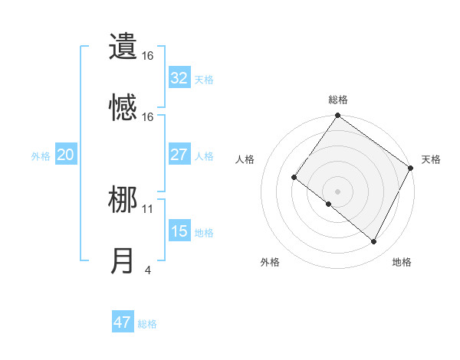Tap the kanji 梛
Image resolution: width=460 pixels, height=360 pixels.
tap(123, 200)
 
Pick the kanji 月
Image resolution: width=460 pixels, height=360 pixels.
tap(123, 261)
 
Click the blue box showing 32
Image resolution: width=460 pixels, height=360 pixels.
tap(179, 78)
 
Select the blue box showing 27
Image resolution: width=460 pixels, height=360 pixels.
tap(179, 155)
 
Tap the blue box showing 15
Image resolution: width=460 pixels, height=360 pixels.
tap(179, 231)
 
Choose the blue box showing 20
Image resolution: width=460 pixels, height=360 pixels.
tap(65, 155)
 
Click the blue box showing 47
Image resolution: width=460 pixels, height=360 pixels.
tap(122, 322)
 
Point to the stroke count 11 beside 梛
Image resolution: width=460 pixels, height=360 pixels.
tap(148, 208)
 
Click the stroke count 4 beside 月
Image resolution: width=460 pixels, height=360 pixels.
tap(147, 270)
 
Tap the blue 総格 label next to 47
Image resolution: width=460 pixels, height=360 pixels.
tap(147, 324)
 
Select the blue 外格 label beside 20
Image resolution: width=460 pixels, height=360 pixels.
tap(41, 156)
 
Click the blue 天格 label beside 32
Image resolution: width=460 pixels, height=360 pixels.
tap(204, 80)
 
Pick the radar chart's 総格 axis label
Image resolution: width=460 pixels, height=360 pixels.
tap(337, 100)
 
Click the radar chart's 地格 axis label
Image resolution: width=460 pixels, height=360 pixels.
tap(402, 262)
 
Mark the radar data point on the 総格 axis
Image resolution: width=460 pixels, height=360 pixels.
tap(337, 116)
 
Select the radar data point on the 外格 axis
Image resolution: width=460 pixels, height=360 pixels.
tap(329, 204)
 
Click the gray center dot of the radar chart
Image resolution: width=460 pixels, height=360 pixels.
tap(337, 191)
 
